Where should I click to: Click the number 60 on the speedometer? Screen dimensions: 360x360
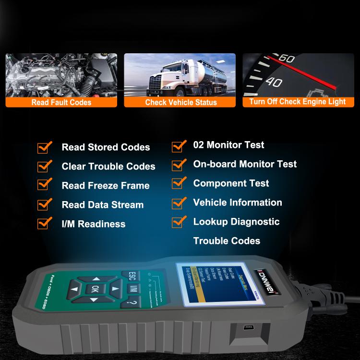pos(287,59)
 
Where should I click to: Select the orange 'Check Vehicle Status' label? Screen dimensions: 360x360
pos(180,102)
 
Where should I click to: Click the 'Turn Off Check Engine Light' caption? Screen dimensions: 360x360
pos(298,102)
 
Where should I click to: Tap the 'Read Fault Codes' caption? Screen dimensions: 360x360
pos(61,102)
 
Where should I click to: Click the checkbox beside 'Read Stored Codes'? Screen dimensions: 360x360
pos(45,147)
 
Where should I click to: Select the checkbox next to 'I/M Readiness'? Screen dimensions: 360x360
pos(45,223)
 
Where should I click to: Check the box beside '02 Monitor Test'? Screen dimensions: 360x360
pos(179,144)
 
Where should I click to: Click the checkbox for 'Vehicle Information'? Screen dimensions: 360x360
pos(179,202)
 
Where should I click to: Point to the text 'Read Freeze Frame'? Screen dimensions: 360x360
pos(106,186)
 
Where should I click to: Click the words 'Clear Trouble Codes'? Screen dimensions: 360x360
pos(108,167)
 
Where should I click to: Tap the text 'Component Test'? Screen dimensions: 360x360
pos(231,183)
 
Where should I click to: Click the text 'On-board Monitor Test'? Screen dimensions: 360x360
pos(245,164)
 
